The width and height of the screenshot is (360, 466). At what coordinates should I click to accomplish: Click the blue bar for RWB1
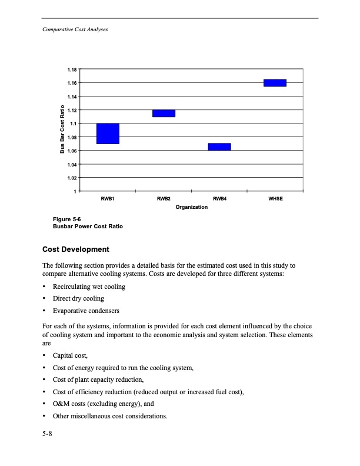[x=108, y=134]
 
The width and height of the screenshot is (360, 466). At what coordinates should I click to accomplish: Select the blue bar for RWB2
[x=164, y=113]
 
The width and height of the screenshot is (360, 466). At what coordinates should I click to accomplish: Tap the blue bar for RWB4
[x=219, y=147]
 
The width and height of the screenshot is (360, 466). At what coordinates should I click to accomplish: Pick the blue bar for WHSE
[x=275, y=82]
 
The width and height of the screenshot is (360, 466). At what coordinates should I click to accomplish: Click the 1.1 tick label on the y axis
[x=73, y=124]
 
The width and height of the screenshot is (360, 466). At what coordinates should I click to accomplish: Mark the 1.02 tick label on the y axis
[x=72, y=178]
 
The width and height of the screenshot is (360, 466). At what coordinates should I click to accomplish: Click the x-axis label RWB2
[x=164, y=199]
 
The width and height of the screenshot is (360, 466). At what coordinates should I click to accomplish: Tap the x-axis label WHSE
[x=275, y=199]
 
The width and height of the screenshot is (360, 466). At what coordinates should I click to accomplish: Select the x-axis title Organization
[x=191, y=207]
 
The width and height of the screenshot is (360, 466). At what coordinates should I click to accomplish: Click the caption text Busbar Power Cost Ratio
[x=88, y=227]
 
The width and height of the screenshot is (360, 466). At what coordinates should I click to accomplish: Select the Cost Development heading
[x=80, y=250]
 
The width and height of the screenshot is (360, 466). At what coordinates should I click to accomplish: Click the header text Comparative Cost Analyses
[x=71, y=29]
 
